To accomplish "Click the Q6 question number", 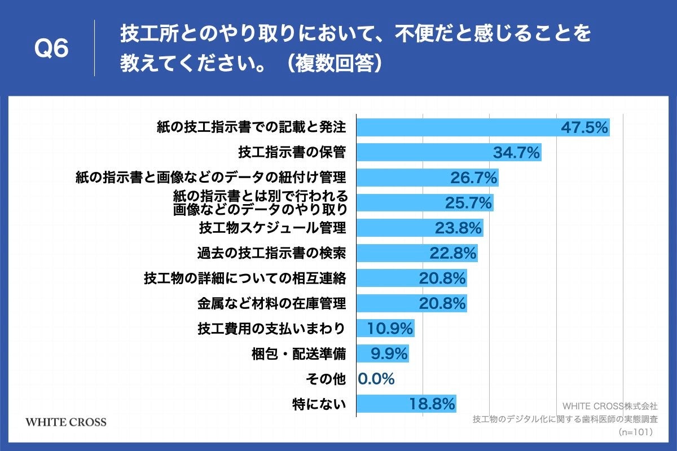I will click(x=51, y=50).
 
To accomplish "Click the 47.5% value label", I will click(x=584, y=127).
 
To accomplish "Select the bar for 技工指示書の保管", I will click(x=449, y=152).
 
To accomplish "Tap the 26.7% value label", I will click(x=474, y=178).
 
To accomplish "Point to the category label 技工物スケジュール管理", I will click(x=272, y=228).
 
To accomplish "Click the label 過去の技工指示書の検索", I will click(x=271, y=253).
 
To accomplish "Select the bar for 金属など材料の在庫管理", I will click(x=412, y=303).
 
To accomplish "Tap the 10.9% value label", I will click(x=390, y=328).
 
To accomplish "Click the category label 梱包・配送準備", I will click(x=298, y=354).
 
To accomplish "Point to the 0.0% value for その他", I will click(x=376, y=379).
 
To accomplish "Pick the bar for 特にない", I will click(x=406, y=404).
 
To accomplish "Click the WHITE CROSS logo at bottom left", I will click(x=66, y=422).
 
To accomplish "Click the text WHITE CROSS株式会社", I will click(x=610, y=405).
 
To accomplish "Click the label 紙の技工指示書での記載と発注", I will click(x=251, y=127).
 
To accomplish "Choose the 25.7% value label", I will click(x=469, y=203).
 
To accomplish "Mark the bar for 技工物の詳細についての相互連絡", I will click(x=412, y=278).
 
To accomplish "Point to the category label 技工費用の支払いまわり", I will click(x=271, y=328).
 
